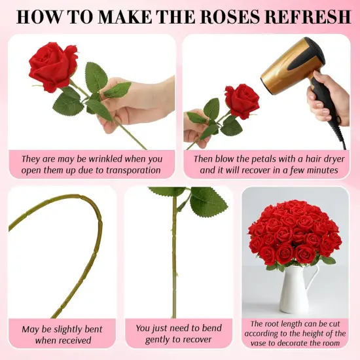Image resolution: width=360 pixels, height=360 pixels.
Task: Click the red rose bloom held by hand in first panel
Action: click(52, 66)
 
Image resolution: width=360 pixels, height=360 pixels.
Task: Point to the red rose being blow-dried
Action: click(242, 99)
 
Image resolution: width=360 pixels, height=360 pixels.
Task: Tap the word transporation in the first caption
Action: click(125, 170)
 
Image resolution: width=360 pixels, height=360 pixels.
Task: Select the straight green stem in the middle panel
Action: click(174, 262)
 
